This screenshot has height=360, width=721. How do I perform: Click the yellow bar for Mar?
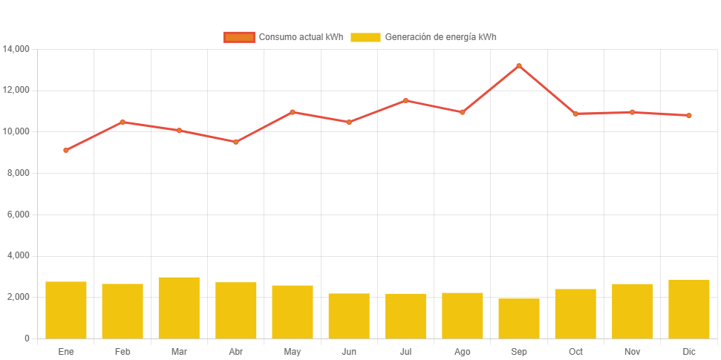point(179,307)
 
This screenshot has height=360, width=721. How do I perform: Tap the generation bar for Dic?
point(689,309)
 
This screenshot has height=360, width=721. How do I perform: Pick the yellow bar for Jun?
point(349,315)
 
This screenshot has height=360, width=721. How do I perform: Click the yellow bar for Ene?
point(66,310)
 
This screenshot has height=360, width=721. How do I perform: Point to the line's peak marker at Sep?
point(519,66)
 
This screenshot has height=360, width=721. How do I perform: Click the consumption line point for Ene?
point(66,150)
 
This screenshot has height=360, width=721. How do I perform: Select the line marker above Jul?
point(405,100)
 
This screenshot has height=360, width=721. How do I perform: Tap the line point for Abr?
point(235,142)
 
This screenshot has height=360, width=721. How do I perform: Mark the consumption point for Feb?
point(123,122)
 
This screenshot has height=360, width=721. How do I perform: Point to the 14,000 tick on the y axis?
point(16,49)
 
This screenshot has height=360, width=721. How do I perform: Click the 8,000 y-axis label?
point(19,173)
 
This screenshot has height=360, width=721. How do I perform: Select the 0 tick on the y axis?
point(27,338)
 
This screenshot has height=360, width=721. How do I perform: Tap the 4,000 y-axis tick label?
point(19,255)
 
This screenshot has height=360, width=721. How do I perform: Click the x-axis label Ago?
point(462,352)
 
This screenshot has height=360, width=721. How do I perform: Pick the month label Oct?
point(575,352)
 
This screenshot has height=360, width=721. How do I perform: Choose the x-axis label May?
point(292,352)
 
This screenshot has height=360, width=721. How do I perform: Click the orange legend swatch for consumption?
point(239,37)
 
